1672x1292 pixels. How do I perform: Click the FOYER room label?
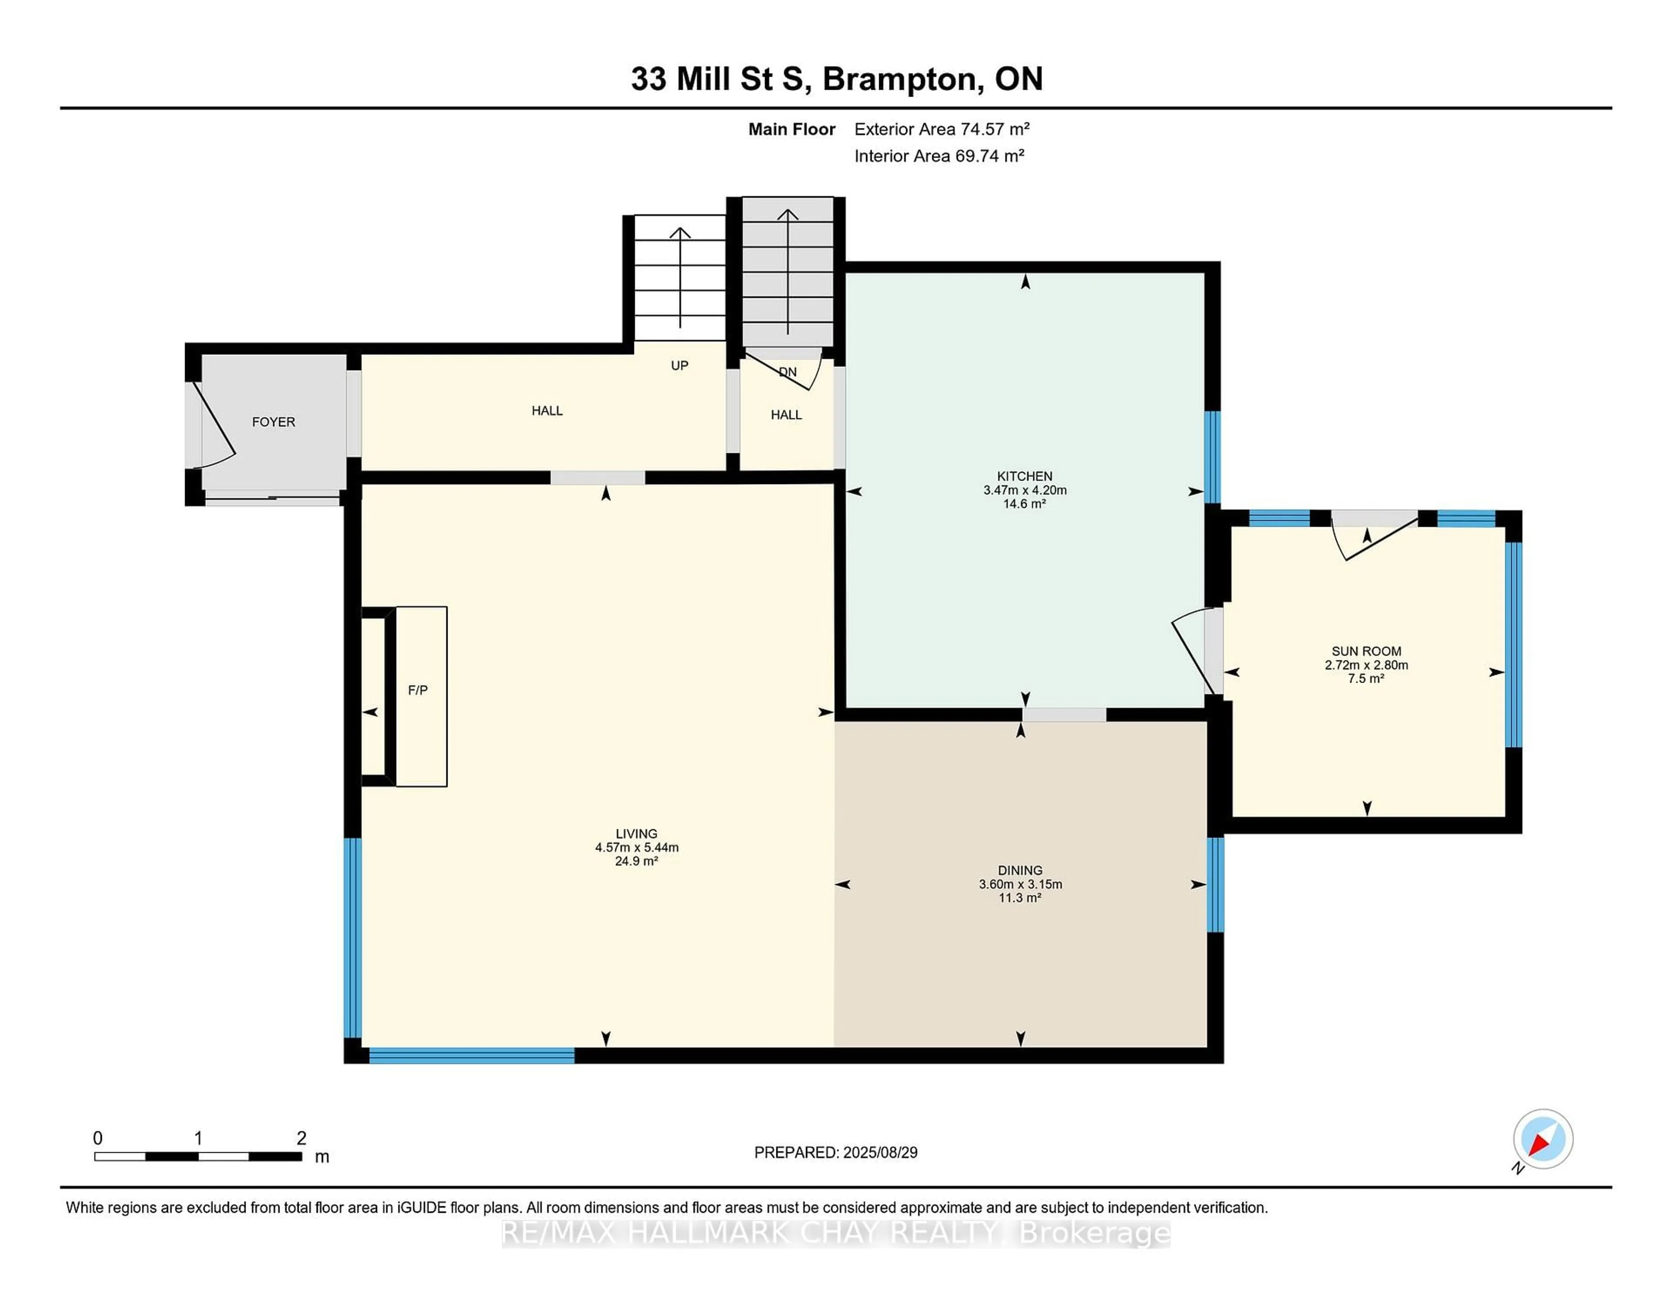pyautogui.click(x=273, y=422)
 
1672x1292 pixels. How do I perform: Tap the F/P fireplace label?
pyautogui.click(x=417, y=690)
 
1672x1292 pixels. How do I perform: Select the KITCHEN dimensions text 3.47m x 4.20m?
pyautogui.click(x=1025, y=490)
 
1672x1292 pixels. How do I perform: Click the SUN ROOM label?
pyautogui.click(x=1366, y=651)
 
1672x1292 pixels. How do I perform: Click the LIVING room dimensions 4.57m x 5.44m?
pyautogui.click(x=636, y=847)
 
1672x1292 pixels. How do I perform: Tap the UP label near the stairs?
pyautogui.click(x=679, y=366)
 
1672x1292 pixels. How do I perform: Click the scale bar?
pyautogui.click(x=198, y=1156)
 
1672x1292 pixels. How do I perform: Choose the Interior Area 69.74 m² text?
pyautogui.click(x=939, y=156)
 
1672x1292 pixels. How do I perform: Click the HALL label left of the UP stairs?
pyautogui.click(x=546, y=411)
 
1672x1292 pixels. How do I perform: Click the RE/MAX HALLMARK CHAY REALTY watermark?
pyautogui.click(x=835, y=1233)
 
